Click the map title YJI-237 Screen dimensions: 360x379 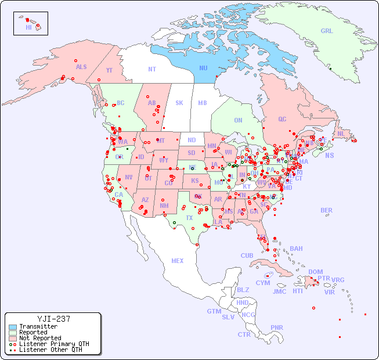click(53, 319)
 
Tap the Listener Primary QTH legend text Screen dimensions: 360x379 click(53, 344)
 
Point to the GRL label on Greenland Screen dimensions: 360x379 click(327, 31)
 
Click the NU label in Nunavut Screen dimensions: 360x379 click(203, 68)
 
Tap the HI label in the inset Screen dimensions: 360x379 click(28, 27)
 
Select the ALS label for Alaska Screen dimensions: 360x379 click(81, 67)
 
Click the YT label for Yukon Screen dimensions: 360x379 click(109, 70)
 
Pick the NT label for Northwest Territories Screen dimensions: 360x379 click(151, 69)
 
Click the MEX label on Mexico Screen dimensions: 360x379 click(178, 261)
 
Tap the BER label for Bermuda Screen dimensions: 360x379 click(327, 210)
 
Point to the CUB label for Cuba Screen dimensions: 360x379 click(247, 255)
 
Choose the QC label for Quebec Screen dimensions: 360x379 click(282, 119)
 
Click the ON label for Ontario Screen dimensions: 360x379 click(238, 120)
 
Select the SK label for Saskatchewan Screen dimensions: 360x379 click(179, 103)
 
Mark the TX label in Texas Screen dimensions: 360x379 click(189, 218)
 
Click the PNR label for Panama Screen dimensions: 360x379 click(277, 327)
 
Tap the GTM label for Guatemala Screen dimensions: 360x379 click(214, 311)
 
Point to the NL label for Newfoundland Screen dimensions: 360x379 click(341, 133)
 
